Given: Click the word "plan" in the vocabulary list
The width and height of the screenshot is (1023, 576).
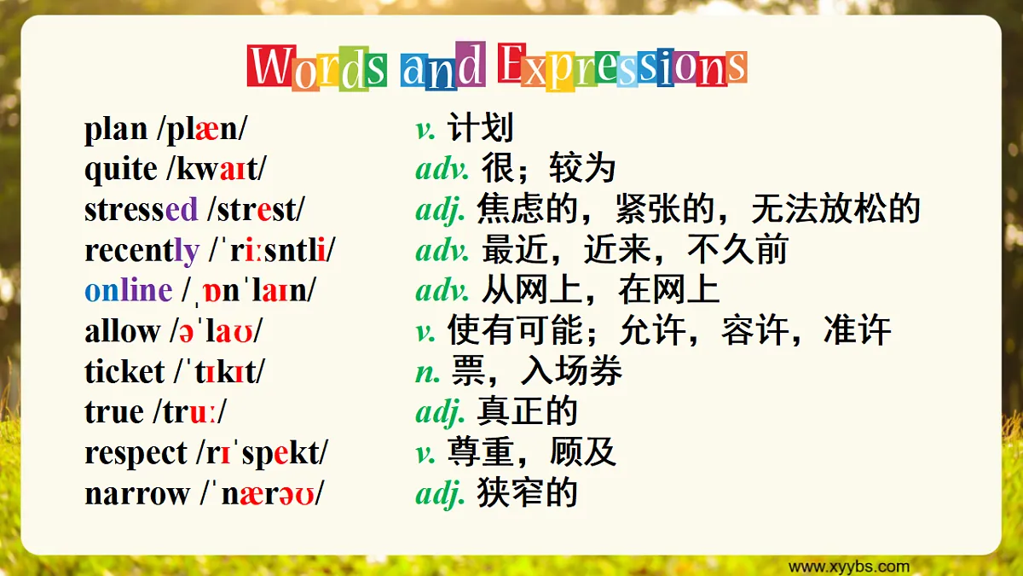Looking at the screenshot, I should (x=115, y=130).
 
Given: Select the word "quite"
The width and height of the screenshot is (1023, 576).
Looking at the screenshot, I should (x=120, y=170).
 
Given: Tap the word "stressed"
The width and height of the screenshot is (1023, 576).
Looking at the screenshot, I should (x=141, y=209).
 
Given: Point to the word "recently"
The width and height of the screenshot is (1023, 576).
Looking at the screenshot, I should (x=142, y=251).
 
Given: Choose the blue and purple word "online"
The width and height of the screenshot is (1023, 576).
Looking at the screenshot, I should (x=128, y=290).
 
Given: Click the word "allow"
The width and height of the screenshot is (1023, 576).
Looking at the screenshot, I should (x=122, y=331).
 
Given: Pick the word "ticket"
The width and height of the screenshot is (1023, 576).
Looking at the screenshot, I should (x=124, y=372).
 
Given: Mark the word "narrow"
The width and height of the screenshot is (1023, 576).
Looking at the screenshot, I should (x=136, y=494).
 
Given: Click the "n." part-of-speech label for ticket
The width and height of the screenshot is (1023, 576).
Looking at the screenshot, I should (x=428, y=372).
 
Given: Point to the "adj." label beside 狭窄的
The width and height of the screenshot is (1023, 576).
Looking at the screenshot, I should (x=440, y=494).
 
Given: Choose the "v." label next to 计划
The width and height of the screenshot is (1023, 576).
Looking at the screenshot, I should (x=425, y=130).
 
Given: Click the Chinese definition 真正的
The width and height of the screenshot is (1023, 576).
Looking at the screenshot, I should (x=527, y=412).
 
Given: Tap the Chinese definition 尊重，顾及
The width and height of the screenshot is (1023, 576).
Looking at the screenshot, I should (x=531, y=453).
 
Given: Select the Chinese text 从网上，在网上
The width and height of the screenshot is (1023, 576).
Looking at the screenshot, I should (x=600, y=290).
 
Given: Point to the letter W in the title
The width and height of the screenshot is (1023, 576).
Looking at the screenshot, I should (x=272, y=67).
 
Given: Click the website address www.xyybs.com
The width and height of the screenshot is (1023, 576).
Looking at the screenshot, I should (x=848, y=567).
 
